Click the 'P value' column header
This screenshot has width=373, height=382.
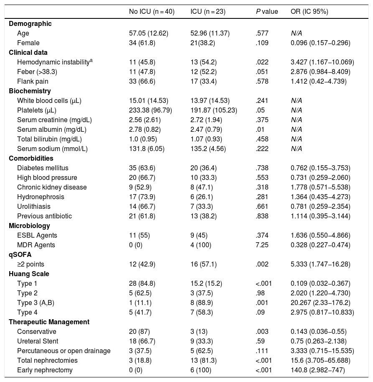coord(266,12)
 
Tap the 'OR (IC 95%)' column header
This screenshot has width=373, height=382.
coord(309,12)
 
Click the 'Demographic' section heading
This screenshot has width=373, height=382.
coord(30,23)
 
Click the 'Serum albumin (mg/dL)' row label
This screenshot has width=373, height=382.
coord(55,129)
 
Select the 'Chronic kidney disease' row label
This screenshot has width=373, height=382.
coord(52,187)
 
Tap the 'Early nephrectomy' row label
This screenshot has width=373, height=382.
coord(45,370)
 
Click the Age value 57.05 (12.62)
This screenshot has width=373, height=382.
coord(149,33)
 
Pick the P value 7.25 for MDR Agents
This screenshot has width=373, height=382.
coord(262,245)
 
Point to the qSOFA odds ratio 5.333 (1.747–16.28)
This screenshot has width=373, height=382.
coord(320,264)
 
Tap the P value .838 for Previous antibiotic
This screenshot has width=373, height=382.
coord(262,216)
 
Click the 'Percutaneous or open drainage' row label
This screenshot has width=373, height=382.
coord(63,351)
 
